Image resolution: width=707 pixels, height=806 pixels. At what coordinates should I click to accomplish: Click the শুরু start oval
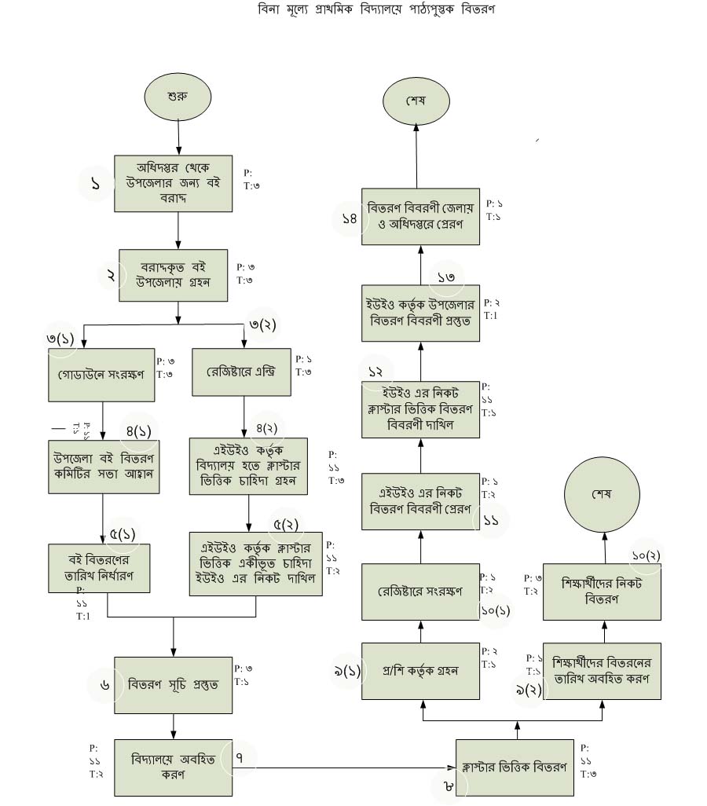pos(178,97)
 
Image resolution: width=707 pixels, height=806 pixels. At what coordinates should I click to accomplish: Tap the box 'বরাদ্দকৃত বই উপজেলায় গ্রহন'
pos(173,274)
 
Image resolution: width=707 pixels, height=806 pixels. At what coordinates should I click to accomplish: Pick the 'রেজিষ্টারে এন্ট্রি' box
pos(241,372)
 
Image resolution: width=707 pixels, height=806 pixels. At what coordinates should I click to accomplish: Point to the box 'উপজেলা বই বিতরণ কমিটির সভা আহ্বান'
pos(104,466)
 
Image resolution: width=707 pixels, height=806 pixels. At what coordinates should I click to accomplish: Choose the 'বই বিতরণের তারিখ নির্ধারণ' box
pos(99,567)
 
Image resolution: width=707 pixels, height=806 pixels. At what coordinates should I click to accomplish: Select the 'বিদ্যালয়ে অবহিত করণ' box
pos(173,767)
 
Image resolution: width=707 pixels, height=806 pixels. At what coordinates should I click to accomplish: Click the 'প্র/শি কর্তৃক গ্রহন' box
pos(420,671)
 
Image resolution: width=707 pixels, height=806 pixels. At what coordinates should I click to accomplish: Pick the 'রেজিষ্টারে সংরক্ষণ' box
pos(420,591)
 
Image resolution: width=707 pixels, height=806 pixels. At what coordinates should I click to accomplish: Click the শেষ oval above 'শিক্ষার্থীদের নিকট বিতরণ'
pos(602,495)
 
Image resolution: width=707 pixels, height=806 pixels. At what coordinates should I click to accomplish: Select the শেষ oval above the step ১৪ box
pos(416,101)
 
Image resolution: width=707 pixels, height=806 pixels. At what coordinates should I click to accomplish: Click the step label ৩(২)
pos(262,324)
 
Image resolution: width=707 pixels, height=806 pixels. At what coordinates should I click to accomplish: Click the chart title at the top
pos(377,10)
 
